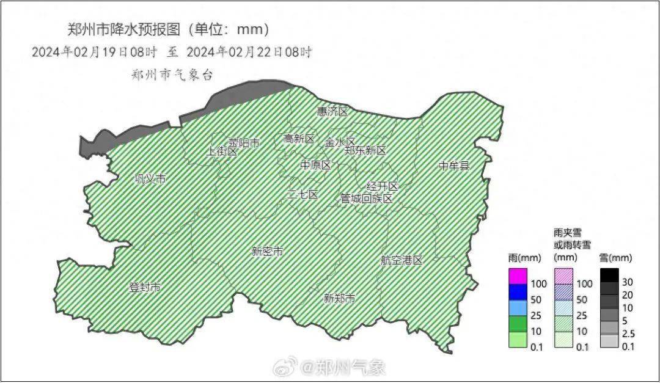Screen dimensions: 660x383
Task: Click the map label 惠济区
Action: [332, 112]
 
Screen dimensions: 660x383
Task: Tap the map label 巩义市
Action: [150, 179]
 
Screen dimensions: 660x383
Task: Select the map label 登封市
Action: [145, 287]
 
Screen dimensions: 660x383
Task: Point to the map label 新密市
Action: [267, 252]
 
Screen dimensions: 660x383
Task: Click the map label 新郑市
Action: [339, 299]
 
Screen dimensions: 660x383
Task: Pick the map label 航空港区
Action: [402, 260]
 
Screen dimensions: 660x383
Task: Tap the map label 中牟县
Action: [454, 166]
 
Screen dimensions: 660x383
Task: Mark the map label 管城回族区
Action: [367, 199]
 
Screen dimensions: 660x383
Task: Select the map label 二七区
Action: [302, 195]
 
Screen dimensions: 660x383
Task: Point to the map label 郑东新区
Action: [365, 150]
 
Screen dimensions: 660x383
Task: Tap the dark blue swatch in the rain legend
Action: [518, 293]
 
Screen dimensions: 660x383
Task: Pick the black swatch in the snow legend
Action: [609, 275]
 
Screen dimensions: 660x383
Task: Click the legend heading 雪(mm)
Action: [615, 258]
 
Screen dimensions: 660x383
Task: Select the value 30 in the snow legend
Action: [628, 282]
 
